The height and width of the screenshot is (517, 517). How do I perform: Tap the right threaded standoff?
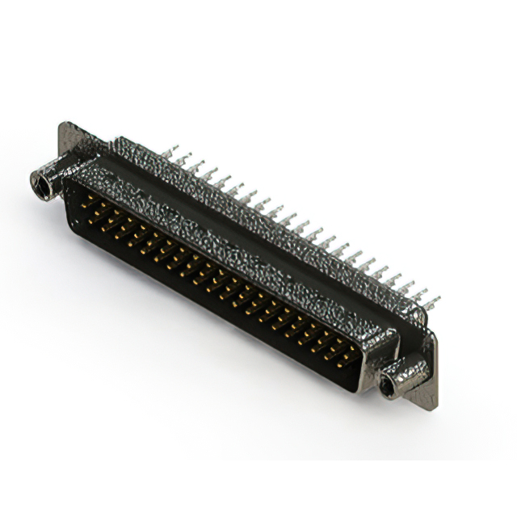(x=399, y=377)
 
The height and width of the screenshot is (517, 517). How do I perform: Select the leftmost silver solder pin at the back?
(x=170, y=151)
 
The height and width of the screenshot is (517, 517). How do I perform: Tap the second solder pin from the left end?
(x=183, y=159)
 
